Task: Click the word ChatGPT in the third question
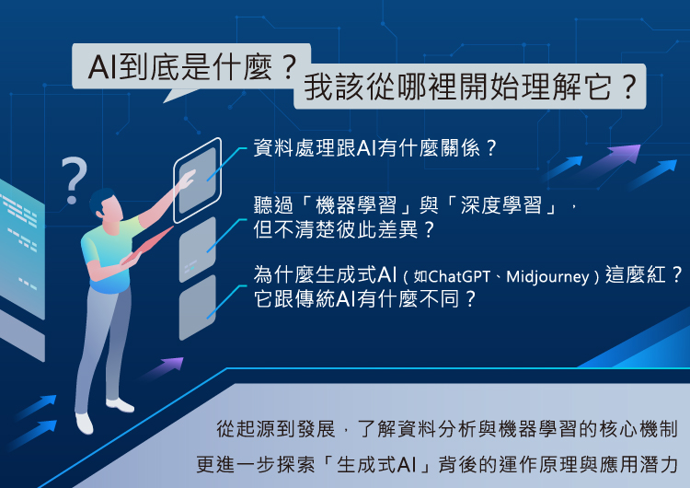(x=458, y=276)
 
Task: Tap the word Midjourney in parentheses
(x=547, y=277)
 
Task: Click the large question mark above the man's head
(x=74, y=180)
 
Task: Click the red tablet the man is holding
(x=148, y=246)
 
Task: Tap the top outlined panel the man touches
(x=197, y=180)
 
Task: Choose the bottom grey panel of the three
(x=198, y=308)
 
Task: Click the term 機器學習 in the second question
(x=356, y=205)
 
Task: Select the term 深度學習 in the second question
(x=500, y=205)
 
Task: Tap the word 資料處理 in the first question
(x=294, y=148)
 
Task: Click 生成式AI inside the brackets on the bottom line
(x=375, y=464)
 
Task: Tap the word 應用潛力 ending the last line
(x=638, y=464)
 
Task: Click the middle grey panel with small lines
(x=198, y=250)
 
